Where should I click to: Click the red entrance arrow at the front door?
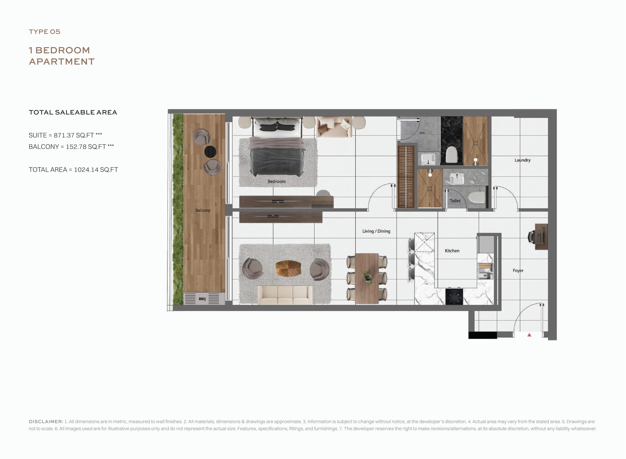point(529,335)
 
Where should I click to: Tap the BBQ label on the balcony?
point(202,299)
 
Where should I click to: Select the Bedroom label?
point(276,181)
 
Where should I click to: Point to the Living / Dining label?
point(376,231)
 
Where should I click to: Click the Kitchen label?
point(452,251)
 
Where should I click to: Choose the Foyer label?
point(518,270)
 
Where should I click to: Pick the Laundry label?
point(522,160)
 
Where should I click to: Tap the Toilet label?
point(455,201)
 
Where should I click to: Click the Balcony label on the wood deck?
point(203,210)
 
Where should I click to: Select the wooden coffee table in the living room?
point(288,268)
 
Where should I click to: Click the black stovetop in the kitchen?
point(454,297)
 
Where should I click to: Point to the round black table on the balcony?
point(210,152)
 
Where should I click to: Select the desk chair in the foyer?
point(531,237)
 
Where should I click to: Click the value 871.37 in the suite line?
point(64,135)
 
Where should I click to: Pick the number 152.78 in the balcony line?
point(76,147)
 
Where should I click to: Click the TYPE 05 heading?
point(44,32)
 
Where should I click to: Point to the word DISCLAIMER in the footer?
point(46,422)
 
